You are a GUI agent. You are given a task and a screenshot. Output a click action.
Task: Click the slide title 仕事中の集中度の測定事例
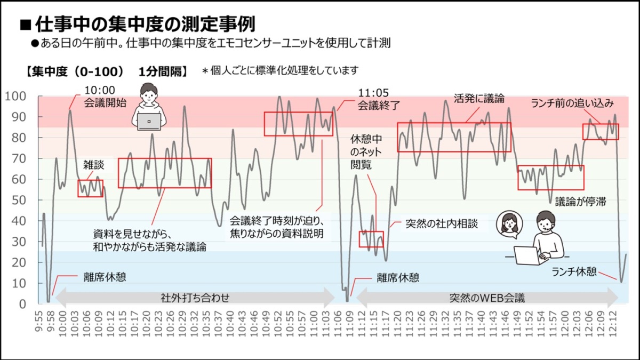144,24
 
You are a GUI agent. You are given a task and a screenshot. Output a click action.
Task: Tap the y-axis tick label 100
19,96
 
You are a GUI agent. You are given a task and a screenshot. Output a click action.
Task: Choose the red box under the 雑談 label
90,188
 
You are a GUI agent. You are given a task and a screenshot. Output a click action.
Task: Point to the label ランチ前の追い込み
572,103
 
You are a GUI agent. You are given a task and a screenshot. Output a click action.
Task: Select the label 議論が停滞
580,202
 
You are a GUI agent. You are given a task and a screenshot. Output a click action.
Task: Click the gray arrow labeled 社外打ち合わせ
195,298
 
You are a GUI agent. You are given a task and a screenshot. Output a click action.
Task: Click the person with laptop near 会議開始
149,107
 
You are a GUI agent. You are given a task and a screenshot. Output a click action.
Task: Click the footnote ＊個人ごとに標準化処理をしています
280,70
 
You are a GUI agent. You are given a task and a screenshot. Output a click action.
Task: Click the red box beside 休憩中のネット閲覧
371,239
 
